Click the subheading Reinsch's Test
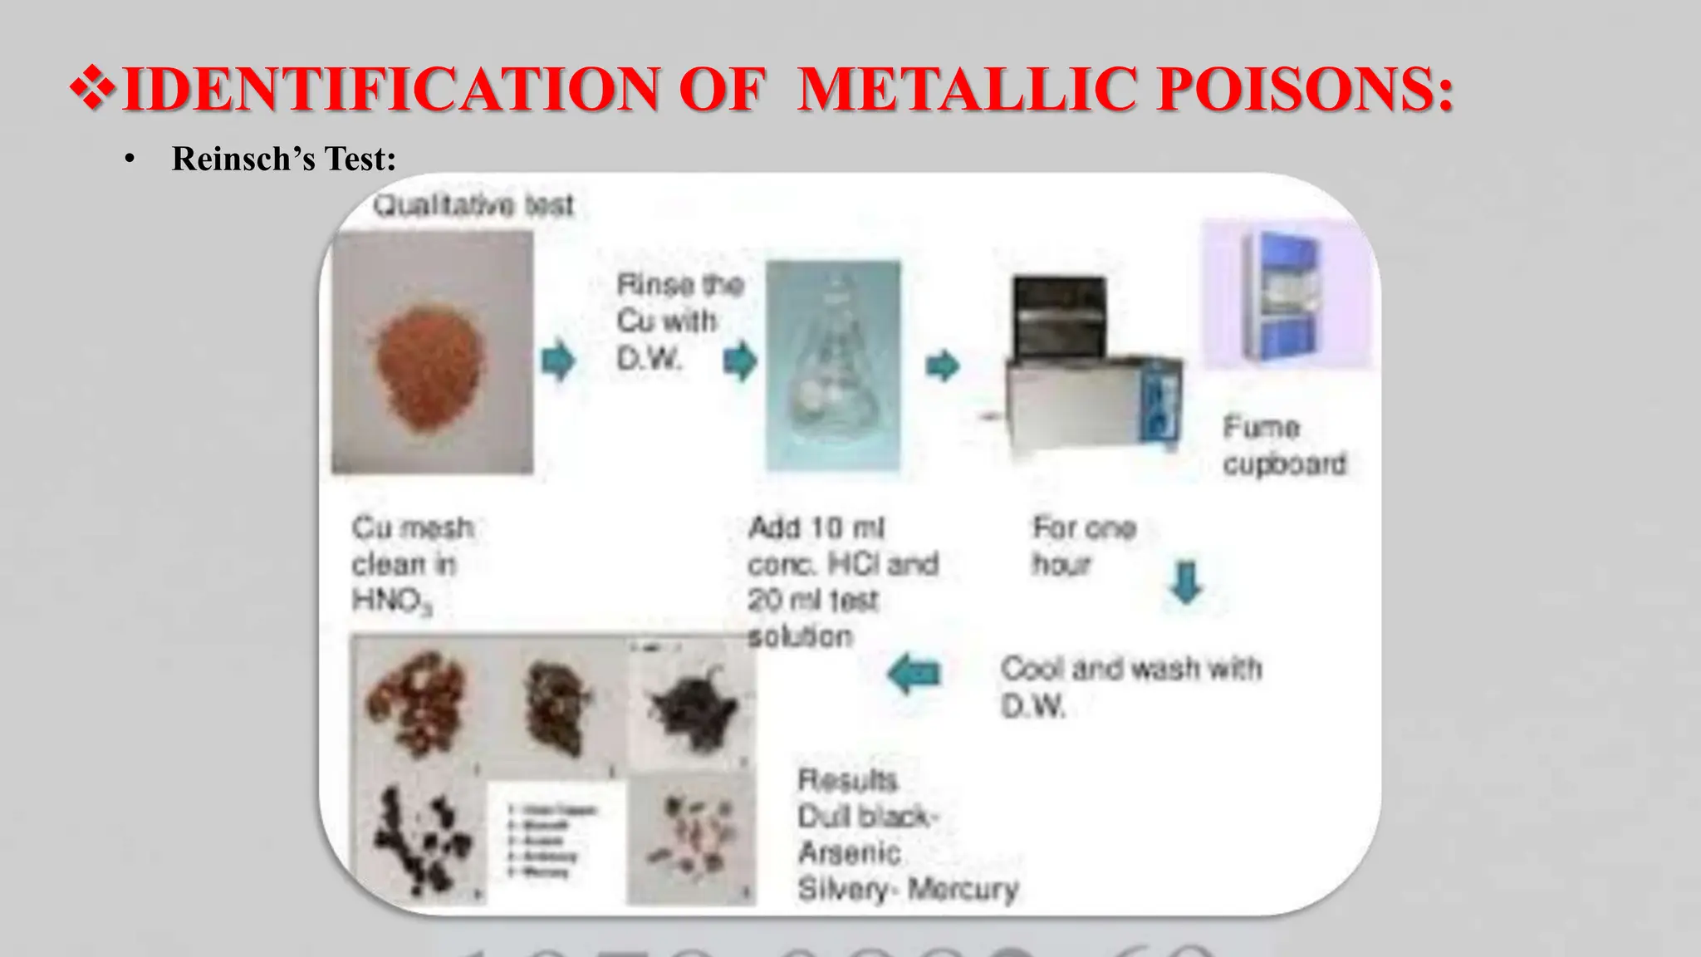[283, 159]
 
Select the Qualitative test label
[473, 204]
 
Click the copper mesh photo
[432, 353]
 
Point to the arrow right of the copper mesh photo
[558, 361]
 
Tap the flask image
[832, 366]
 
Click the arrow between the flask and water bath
[942, 365]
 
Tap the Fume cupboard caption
[1283, 445]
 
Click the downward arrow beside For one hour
[1185, 582]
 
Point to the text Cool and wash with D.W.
[1130, 686]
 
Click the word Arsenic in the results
[849, 852]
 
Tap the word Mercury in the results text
[963, 889]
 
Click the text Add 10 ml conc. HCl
[842, 546]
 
